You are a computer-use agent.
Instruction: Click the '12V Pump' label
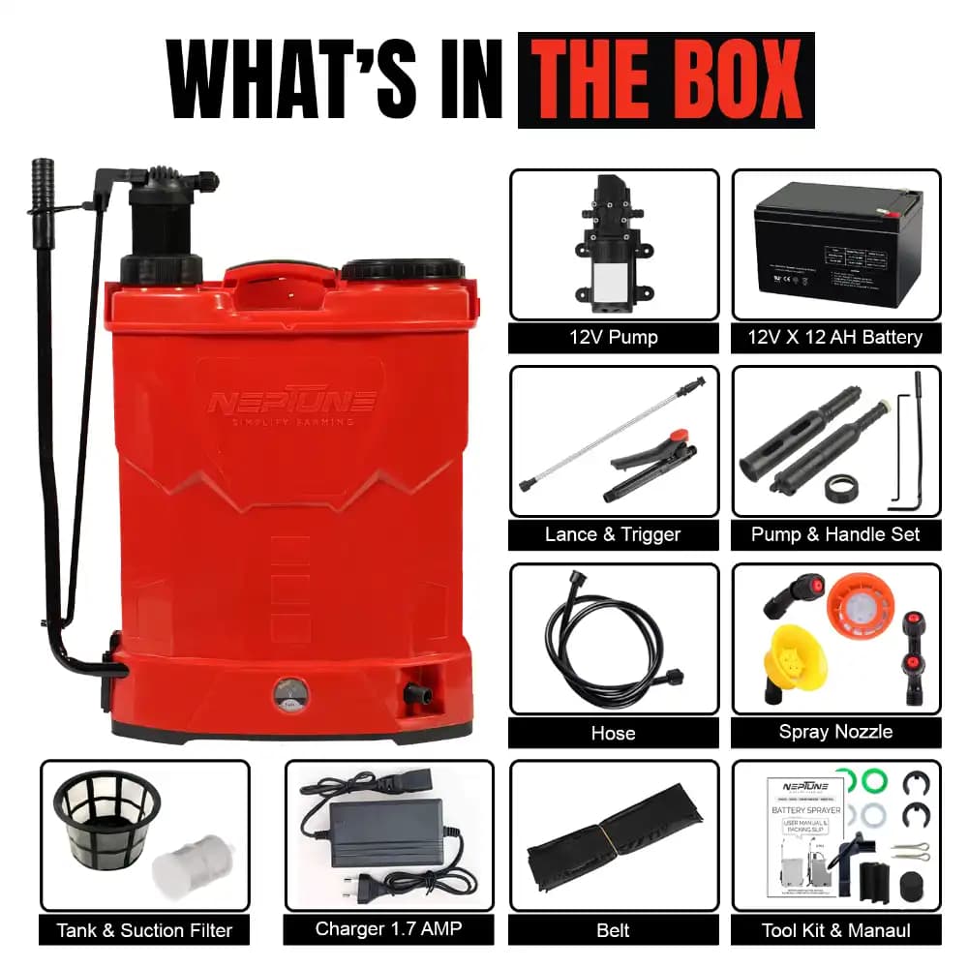click(614, 338)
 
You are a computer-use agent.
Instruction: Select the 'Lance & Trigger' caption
click(614, 534)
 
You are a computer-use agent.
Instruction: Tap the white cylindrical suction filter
click(188, 864)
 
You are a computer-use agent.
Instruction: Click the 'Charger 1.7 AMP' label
click(388, 929)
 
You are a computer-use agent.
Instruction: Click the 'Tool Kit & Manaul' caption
click(836, 931)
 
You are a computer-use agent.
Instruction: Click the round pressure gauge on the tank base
click(287, 693)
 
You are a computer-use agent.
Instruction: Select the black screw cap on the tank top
click(404, 269)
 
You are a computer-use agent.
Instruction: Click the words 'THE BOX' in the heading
click(666, 79)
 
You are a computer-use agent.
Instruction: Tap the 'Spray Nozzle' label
click(835, 732)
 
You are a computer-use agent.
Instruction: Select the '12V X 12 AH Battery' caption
click(835, 338)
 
